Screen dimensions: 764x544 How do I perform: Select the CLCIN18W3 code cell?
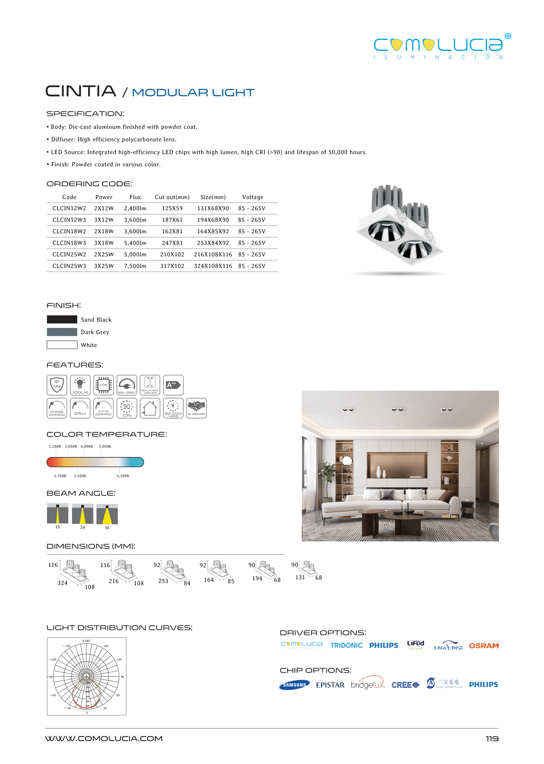coord(69,243)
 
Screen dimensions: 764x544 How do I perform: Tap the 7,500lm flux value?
coord(135,266)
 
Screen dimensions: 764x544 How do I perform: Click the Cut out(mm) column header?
coord(172,197)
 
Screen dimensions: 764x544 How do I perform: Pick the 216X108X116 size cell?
coord(213,255)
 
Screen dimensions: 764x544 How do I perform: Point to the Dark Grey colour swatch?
coord(62,332)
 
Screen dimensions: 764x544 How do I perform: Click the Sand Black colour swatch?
coord(62,319)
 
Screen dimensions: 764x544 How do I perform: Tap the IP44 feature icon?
coord(57,385)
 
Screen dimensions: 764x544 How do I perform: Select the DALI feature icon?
coord(80,408)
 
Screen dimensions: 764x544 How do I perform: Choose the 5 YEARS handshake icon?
coord(196,408)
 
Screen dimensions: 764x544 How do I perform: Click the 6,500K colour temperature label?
coord(123,476)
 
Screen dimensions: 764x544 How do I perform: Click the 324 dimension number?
coord(62,583)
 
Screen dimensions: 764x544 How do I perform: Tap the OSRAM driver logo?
coord(483,646)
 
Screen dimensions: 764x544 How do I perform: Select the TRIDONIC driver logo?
coord(346,645)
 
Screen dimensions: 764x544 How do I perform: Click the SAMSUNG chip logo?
coord(295,685)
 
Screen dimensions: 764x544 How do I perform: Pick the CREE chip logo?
coord(405,685)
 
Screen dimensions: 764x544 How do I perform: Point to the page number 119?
coord(492,738)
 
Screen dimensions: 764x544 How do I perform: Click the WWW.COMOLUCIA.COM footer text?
coord(104,738)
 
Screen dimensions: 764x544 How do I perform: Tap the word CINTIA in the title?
coord(81,91)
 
